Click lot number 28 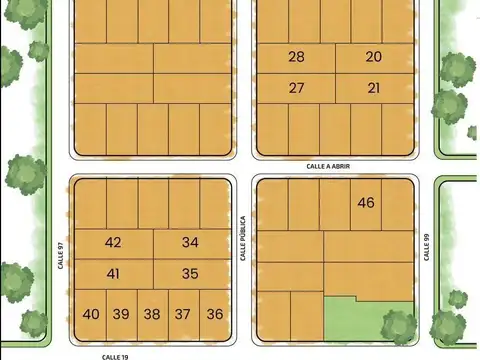[x=296, y=57]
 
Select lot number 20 [x=374, y=57]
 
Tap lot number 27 [x=296, y=88]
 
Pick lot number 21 [x=374, y=88]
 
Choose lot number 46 [x=366, y=203]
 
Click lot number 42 [x=113, y=243]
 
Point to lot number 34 [x=191, y=243]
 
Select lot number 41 [x=113, y=274]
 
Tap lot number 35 [x=191, y=274]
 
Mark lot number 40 [x=91, y=314]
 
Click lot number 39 [x=121, y=314]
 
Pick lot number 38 [x=152, y=314]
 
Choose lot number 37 [x=183, y=314]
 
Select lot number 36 [x=215, y=314]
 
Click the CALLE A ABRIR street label [x=328, y=167]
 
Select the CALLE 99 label [x=426, y=246]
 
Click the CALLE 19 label [x=116, y=355]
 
